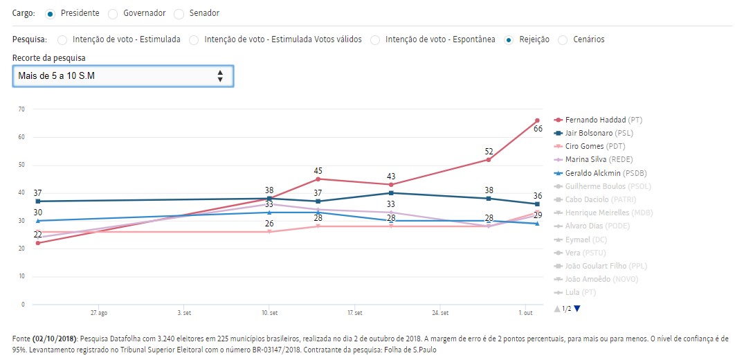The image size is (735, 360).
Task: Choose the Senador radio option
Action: coord(179,13)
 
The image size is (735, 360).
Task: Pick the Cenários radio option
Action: coord(563,39)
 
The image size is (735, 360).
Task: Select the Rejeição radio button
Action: coord(509,39)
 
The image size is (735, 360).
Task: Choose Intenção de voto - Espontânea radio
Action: coord(374,39)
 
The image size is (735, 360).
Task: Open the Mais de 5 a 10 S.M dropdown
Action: coord(123,75)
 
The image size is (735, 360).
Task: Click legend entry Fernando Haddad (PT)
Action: coord(597,120)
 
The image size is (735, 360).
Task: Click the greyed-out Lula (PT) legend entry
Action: coord(580,292)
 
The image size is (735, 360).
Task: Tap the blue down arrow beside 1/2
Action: coord(577,309)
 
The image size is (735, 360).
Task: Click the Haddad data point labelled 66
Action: coord(537,120)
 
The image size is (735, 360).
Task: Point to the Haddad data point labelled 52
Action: coord(489,160)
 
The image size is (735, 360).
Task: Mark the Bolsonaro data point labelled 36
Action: coord(537,204)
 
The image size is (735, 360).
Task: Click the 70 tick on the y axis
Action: coord(21,109)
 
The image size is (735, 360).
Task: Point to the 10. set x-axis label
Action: coord(269,313)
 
